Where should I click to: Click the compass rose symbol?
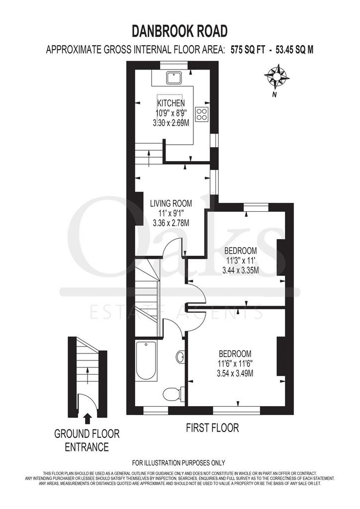click(x=276, y=77)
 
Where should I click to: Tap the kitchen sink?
click(x=175, y=78)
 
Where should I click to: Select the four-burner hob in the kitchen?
click(x=201, y=114)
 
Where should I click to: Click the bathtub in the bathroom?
click(x=147, y=361)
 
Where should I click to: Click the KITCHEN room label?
click(x=171, y=103)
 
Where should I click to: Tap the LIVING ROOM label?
click(x=171, y=203)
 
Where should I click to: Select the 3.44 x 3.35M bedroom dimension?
click(x=241, y=270)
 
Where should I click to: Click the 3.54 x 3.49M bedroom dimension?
click(x=235, y=373)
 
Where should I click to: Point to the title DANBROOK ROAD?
click(x=180, y=31)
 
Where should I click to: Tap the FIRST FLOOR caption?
click(x=212, y=428)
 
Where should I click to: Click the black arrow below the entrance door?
click(x=87, y=419)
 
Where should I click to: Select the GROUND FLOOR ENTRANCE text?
click(x=87, y=440)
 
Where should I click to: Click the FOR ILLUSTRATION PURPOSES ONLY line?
click(x=179, y=463)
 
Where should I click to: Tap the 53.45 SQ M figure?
click(x=294, y=50)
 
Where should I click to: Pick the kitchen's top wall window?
click(x=175, y=65)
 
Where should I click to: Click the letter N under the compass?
click(x=274, y=95)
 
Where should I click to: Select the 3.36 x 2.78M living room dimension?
click(x=171, y=223)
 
